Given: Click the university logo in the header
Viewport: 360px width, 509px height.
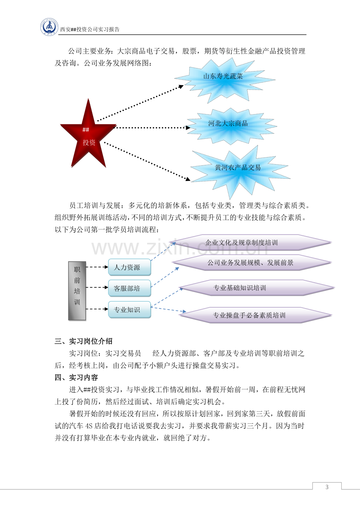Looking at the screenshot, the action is pyautogui.click(x=49, y=27).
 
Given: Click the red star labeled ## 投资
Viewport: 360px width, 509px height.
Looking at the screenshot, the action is pyautogui.click(x=88, y=134).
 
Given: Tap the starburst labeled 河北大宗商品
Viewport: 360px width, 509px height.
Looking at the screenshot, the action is pyautogui.click(x=232, y=126).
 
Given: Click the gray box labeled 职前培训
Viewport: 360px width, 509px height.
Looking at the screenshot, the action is pyautogui.click(x=77, y=291).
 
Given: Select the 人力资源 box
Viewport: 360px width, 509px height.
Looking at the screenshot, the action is pyautogui.click(x=130, y=267).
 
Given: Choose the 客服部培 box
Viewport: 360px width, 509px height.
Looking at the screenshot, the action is pyautogui.click(x=130, y=289).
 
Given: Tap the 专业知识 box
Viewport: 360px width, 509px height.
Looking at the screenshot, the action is pyautogui.click(x=130, y=310).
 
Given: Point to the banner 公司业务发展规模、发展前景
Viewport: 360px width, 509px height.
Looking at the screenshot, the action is pyautogui.click(x=252, y=263).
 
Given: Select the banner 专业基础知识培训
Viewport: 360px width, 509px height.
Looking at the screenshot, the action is pyautogui.click(x=257, y=288).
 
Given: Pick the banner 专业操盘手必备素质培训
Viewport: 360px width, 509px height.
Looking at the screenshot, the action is pyautogui.click(x=256, y=315).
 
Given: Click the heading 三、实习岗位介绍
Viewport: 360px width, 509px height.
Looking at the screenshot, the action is pyautogui.click(x=83, y=341).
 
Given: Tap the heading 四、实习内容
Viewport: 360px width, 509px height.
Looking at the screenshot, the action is pyautogui.click(x=76, y=377).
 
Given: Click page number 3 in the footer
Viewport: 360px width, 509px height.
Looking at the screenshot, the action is pyautogui.click(x=327, y=487).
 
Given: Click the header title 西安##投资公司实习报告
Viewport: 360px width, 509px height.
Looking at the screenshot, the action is pyautogui.click(x=90, y=29).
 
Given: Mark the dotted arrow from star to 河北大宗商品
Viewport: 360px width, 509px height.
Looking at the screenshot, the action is pyautogui.click(x=152, y=128).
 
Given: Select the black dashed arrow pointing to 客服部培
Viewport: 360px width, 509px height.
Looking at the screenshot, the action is pyautogui.click(x=97, y=287).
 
